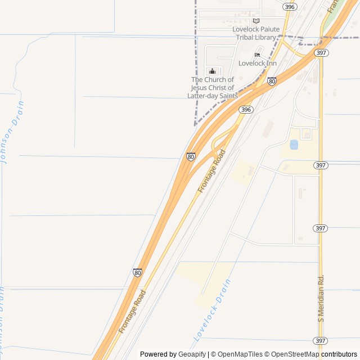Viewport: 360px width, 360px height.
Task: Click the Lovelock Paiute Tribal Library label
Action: point(256,33)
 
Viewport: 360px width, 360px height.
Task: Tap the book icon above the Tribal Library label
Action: point(256,21)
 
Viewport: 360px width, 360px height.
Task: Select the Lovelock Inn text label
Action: point(258,63)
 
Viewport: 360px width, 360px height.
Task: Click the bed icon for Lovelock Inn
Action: point(257,55)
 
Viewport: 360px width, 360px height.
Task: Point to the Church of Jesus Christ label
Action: point(212,88)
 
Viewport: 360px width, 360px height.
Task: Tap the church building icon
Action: point(212,71)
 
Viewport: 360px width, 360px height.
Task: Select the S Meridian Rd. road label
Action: point(321,298)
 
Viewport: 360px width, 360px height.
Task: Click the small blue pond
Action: point(294,145)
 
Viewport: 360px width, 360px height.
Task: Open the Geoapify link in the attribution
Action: point(192,354)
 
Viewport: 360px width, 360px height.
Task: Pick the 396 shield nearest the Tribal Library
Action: point(290,7)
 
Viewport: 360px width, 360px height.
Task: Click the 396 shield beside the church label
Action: point(245,110)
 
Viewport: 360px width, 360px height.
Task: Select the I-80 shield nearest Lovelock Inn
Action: point(272,81)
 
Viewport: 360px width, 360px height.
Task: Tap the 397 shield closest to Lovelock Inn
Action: point(321,53)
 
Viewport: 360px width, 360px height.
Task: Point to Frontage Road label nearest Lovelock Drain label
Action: point(132,312)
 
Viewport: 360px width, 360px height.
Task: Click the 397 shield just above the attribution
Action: point(320,341)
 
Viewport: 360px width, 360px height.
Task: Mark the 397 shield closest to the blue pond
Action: point(321,165)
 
